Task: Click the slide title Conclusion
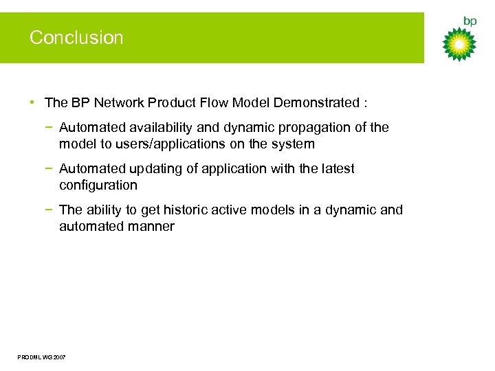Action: (x=76, y=38)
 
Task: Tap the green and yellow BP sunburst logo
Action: (x=459, y=45)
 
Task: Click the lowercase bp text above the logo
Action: (x=470, y=21)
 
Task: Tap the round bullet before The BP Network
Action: (x=33, y=103)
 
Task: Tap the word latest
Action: (x=337, y=169)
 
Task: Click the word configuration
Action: (x=98, y=185)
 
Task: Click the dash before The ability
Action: (x=52, y=210)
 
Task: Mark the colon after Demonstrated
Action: (x=365, y=104)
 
